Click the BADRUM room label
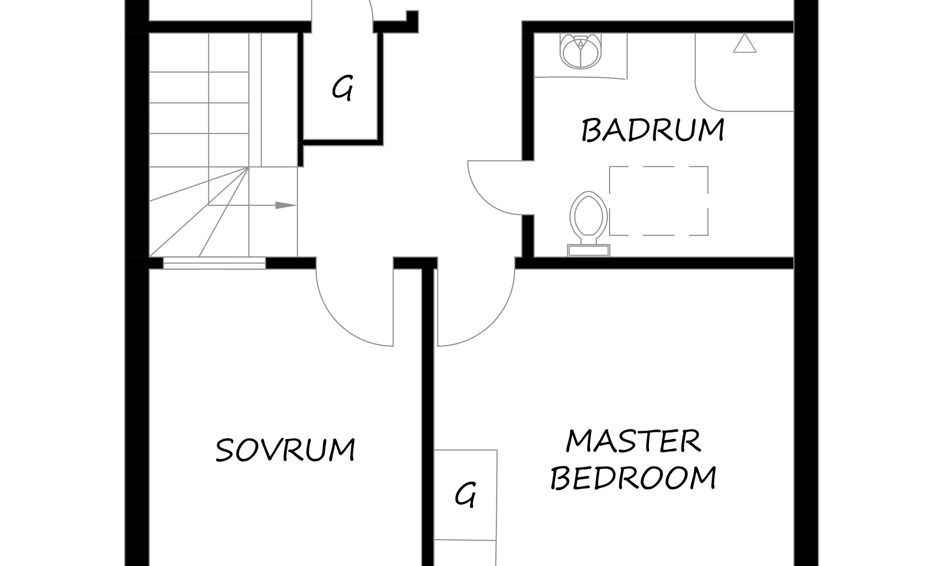653,130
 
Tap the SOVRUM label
286,449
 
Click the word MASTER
633,441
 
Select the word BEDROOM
633,477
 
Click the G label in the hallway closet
342,88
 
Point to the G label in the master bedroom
465,495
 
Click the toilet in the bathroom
588,223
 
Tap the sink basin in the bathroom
581,51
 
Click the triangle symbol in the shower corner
745,43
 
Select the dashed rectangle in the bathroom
659,167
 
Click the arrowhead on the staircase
286,205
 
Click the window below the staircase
215,263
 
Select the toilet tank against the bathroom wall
588,250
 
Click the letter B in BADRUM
591,130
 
